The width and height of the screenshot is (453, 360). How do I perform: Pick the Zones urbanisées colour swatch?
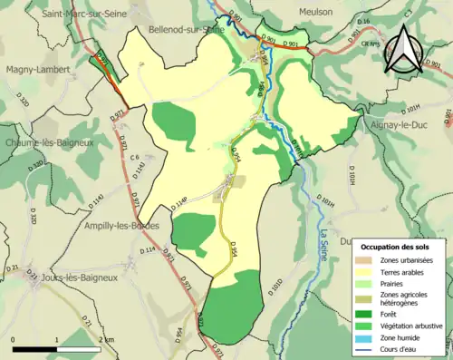click(x=366, y=261)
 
